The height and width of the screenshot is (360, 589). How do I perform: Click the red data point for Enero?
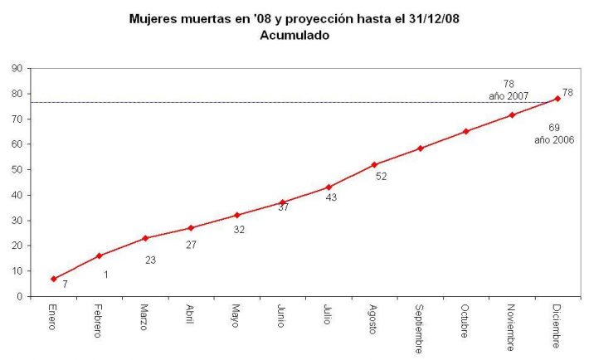pos(54,279)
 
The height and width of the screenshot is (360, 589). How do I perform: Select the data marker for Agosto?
pos(374,165)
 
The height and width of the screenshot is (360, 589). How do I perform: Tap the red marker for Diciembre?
pos(557,99)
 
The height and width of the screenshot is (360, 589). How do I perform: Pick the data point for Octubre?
pos(466,131)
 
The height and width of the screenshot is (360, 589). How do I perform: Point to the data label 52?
pos(382,176)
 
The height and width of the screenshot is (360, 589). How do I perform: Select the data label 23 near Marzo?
pos(150,260)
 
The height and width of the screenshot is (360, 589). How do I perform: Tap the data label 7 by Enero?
pos(65,285)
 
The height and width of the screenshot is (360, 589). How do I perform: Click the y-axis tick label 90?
pos(17,68)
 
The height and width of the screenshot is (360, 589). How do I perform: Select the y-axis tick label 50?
pos(17,169)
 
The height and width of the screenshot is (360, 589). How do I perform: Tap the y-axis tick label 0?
pos(19,296)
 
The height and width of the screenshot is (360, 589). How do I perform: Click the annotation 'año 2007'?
pos(509,96)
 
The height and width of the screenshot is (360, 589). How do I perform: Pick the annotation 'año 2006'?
pos(554,139)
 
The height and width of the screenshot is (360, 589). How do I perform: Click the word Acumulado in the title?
pos(294,36)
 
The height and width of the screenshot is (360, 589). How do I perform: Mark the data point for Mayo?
pos(237,215)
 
